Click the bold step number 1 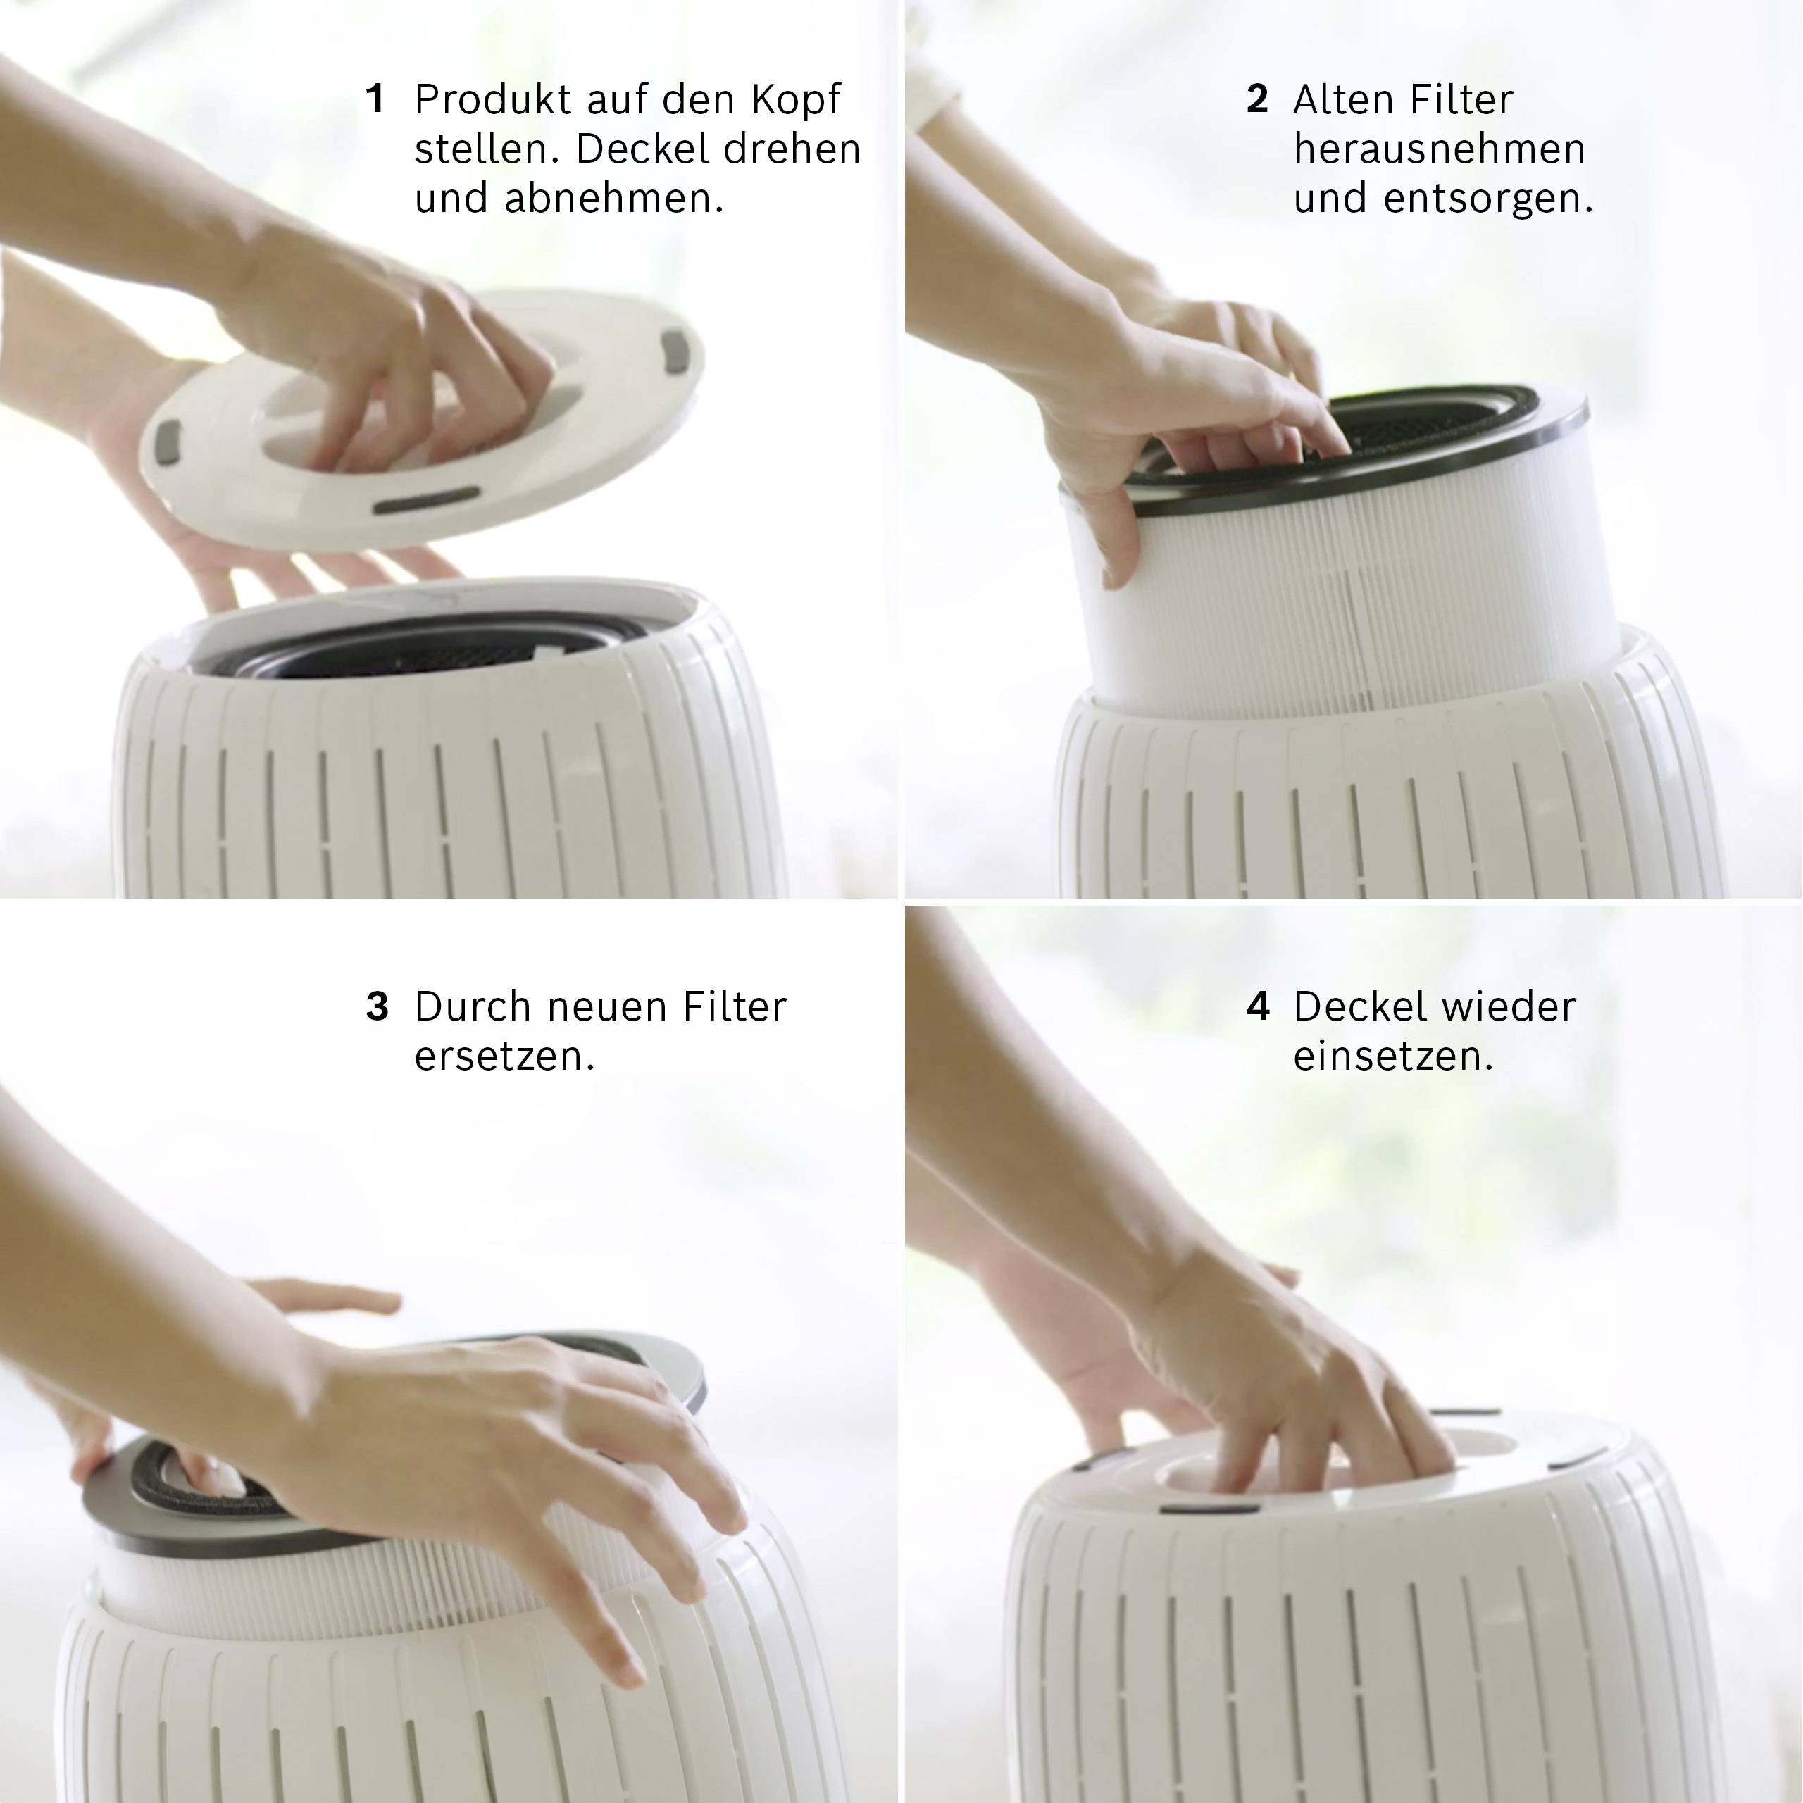(x=375, y=99)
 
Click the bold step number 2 (x=1257, y=99)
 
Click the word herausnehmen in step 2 (x=1439, y=149)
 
